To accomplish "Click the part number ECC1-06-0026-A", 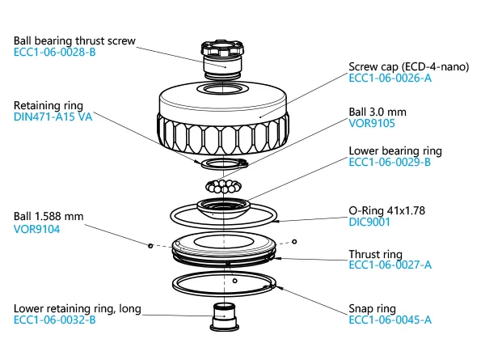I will (390, 78).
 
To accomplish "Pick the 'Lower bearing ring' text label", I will (394, 150).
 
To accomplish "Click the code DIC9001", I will (370, 219).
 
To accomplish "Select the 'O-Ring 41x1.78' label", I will (388, 207).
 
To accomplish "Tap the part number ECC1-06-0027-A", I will (390, 265).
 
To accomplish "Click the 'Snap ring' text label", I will (373, 308).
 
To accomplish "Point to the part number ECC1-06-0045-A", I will (390, 320).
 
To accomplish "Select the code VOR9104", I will (37, 229).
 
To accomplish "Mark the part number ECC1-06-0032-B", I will (55, 320).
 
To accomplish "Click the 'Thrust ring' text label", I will (376, 253).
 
